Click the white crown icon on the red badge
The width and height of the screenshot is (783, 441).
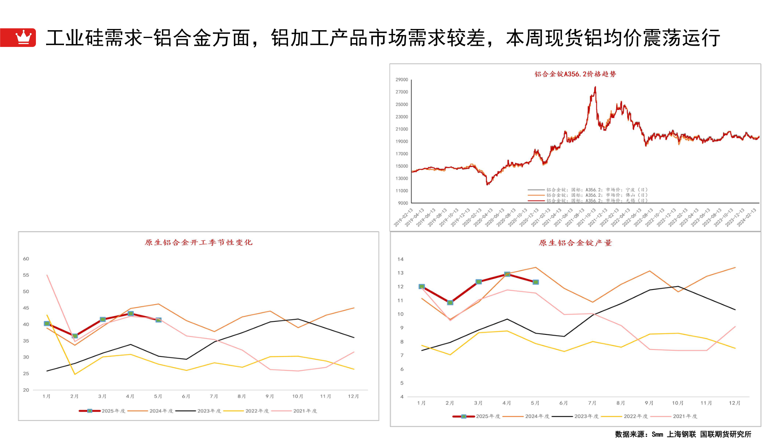point(23,37)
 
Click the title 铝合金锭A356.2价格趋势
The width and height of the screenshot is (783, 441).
point(575,74)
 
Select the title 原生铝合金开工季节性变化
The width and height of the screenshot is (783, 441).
point(199,243)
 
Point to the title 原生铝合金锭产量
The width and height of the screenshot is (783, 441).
point(575,243)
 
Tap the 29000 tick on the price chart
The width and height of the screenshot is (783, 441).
point(402,80)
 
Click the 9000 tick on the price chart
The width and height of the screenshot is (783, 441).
point(403,203)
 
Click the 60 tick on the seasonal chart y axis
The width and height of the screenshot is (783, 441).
point(26,259)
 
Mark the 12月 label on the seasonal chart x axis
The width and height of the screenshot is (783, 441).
point(353,396)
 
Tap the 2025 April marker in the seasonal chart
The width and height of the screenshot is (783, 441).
point(130,314)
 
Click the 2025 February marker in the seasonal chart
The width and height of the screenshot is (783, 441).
point(75,336)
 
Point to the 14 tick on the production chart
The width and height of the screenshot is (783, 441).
point(400,259)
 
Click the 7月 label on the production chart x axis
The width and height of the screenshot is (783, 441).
point(592,403)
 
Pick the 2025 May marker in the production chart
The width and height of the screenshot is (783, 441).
point(535,282)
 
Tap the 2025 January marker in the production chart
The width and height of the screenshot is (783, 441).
point(422,287)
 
